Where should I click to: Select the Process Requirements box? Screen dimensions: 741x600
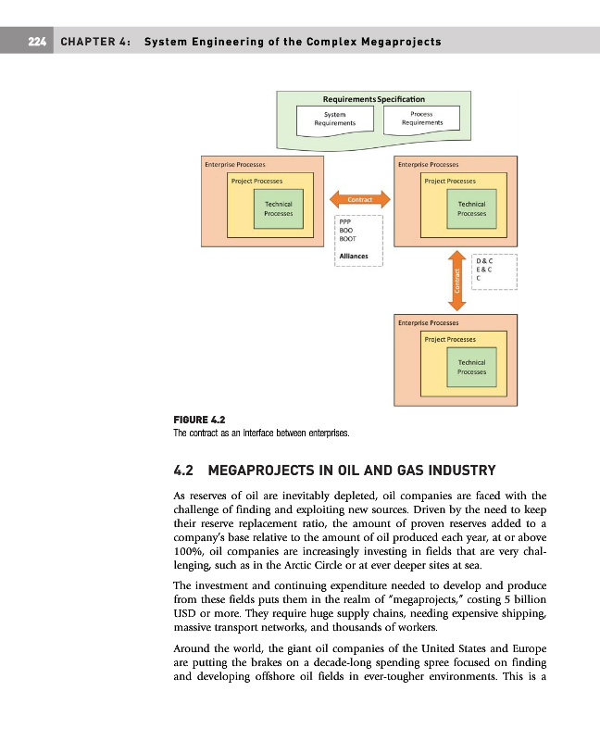tap(421, 119)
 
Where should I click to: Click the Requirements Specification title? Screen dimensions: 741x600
tap(373, 98)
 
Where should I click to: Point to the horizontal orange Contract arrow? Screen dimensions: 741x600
tap(360, 198)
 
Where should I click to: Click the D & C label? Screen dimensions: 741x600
tap(483, 261)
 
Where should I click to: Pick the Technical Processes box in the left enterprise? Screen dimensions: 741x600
tap(278, 208)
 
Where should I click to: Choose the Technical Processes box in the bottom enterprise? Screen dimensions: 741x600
tap(472, 366)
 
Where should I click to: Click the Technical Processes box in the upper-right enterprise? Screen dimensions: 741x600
tap(471, 208)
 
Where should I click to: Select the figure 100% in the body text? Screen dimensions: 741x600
tap(191, 552)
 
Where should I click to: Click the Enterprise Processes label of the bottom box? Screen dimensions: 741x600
tap(430, 322)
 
